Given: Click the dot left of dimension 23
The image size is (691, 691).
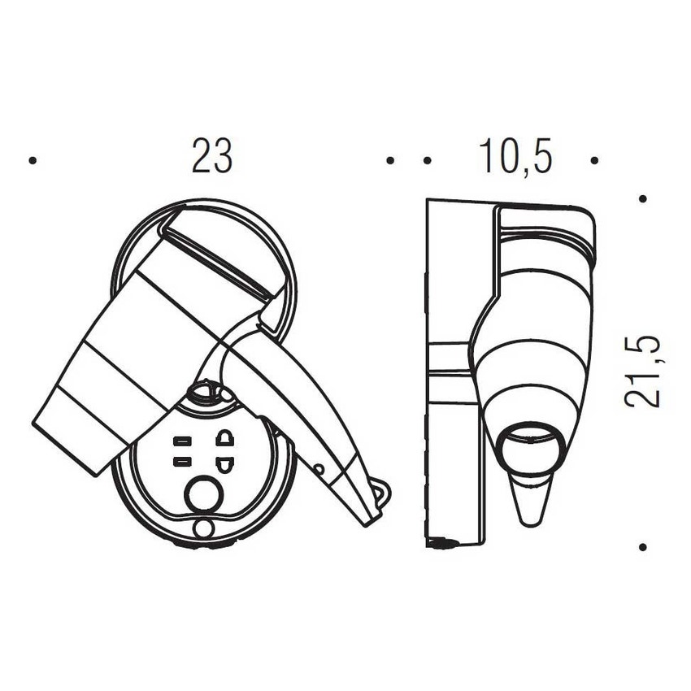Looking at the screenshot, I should click(x=33, y=160).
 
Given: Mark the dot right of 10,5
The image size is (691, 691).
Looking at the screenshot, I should click(x=594, y=160).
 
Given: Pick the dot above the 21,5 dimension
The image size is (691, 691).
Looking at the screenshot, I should click(x=642, y=198).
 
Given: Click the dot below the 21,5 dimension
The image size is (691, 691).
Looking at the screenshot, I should click(x=642, y=547).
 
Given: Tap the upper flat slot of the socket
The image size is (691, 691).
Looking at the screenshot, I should click(x=181, y=442).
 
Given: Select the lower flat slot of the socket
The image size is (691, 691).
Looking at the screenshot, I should click(x=181, y=462).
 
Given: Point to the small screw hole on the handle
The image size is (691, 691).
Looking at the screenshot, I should click(x=319, y=469).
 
